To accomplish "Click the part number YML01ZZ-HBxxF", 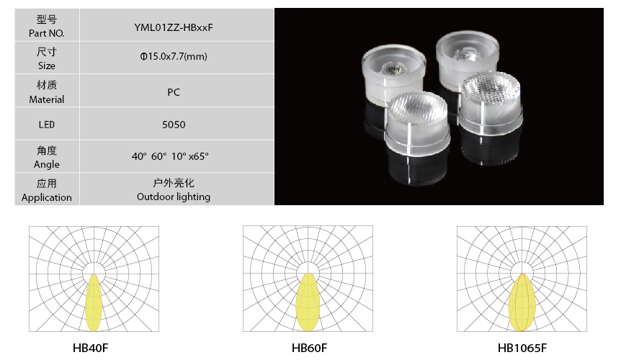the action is click(174, 27).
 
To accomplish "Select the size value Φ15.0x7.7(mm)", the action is click(174, 56).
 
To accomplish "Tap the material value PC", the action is click(174, 92).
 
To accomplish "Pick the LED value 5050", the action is click(174, 125).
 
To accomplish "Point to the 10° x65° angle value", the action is click(189, 156).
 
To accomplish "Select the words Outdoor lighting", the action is click(174, 197).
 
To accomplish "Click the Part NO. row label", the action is click(47, 33).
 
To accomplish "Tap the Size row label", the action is click(47, 66).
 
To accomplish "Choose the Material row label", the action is click(47, 99).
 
